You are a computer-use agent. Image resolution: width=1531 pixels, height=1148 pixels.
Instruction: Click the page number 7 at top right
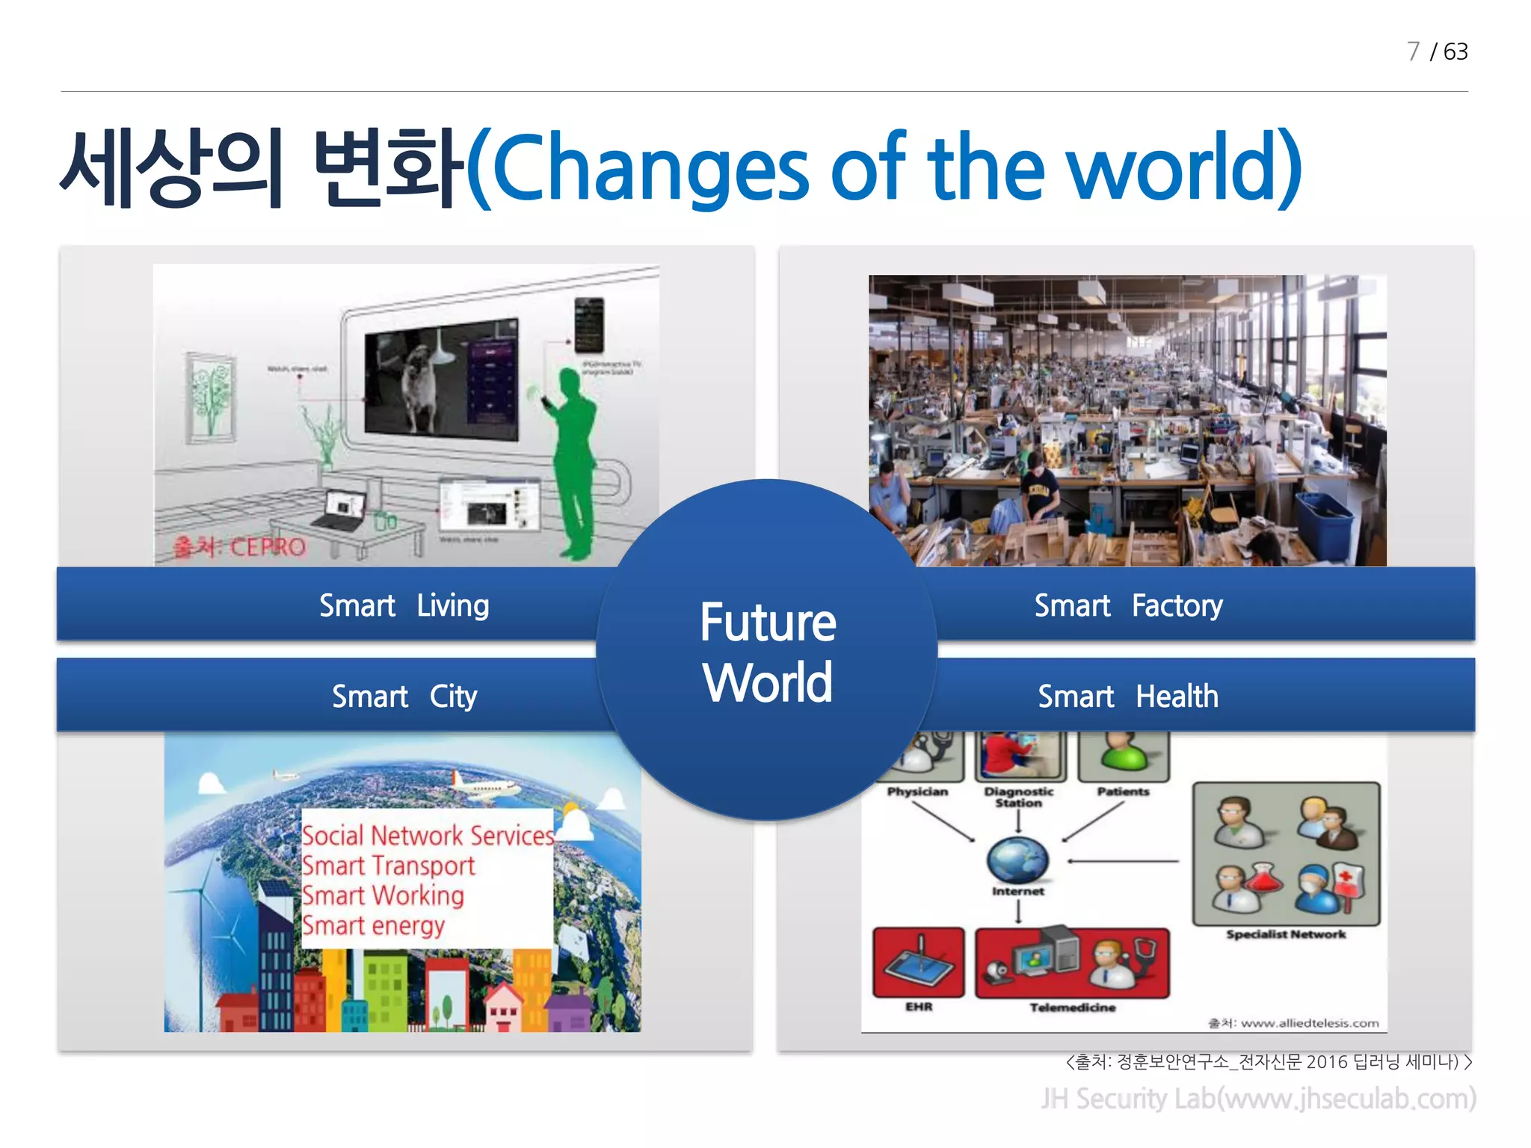pyautogui.click(x=1412, y=52)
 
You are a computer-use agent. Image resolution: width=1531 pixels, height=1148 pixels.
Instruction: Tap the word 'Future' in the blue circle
pyautogui.click(x=768, y=623)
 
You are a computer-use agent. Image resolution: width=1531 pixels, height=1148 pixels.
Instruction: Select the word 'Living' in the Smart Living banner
pyautogui.click(x=453, y=605)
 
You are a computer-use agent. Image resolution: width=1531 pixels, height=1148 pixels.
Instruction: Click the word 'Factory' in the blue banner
pyautogui.click(x=1177, y=605)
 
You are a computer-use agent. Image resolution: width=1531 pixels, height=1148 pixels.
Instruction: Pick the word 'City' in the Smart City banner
pyautogui.click(x=453, y=697)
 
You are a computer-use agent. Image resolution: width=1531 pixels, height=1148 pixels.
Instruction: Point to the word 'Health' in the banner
pyautogui.click(x=1177, y=697)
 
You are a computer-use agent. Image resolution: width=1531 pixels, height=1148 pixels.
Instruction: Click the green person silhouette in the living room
pyautogui.click(x=574, y=463)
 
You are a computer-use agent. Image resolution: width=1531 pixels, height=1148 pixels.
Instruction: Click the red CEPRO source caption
pyautogui.click(x=239, y=547)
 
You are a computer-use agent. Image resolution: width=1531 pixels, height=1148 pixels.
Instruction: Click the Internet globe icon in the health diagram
pyautogui.click(x=1017, y=860)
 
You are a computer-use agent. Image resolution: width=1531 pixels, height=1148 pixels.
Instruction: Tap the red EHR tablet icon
pyautogui.click(x=918, y=963)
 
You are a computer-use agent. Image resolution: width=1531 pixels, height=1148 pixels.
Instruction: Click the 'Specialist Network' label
pyautogui.click(x=1285, y=934)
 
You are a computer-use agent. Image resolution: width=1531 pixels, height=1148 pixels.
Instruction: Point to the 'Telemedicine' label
pyautogui.click(x=1072, y=1007)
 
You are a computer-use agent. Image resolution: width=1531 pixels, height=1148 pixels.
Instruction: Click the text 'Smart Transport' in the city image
pyautogui.click(x=388, y=865)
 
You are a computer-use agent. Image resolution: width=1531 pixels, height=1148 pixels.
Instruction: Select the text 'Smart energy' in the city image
pyautogui.click(x=373, y=925)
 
